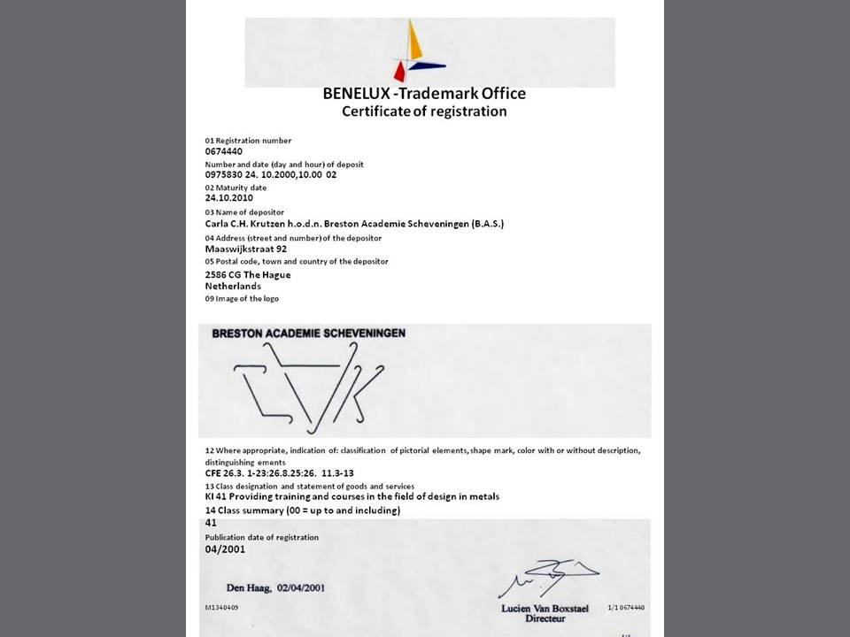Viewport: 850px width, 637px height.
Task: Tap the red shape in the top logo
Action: pos(400,72)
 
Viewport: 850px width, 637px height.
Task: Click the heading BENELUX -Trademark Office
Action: pos(424,93)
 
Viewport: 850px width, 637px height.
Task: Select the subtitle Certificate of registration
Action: pos(424,111)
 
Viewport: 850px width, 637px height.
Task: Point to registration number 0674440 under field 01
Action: pos(224,151)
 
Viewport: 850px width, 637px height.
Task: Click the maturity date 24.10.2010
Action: pos(229,198)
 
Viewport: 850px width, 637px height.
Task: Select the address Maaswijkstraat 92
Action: pos(245,249)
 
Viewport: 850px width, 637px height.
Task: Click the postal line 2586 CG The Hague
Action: pos(248,274)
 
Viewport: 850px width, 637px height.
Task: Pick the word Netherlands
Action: pos(233,286)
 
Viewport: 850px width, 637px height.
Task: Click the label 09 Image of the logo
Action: pos(242,298)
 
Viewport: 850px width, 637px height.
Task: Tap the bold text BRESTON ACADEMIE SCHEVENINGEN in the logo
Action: pos(309,333)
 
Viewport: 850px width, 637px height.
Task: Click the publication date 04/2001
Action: pos(225,549)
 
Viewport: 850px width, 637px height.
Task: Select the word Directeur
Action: pos(545,618)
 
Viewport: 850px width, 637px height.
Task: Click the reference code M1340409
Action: pos(221,608)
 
